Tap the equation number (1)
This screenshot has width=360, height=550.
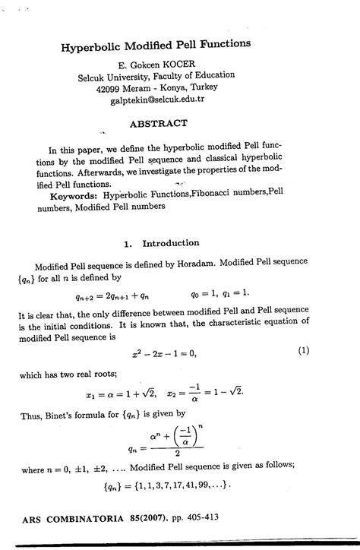pyautogui.click(x=304, y=350)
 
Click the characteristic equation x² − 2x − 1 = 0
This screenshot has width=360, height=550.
pyautogui.click(x=163, y=352)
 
